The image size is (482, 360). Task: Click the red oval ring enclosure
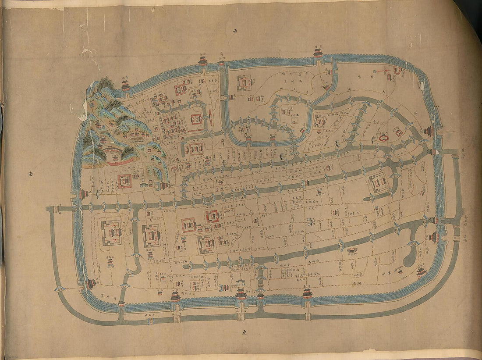pos(384,139)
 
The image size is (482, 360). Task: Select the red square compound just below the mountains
pos(124,181)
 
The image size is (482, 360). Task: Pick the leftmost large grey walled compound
pos(111,232)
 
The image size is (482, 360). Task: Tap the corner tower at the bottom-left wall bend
pos(91,284)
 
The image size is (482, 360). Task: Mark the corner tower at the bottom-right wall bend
pos(422,272)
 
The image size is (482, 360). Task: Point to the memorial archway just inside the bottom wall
pos(240,284)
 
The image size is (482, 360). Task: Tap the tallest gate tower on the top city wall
pos(318,53)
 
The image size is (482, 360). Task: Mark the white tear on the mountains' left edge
pos(82,116)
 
